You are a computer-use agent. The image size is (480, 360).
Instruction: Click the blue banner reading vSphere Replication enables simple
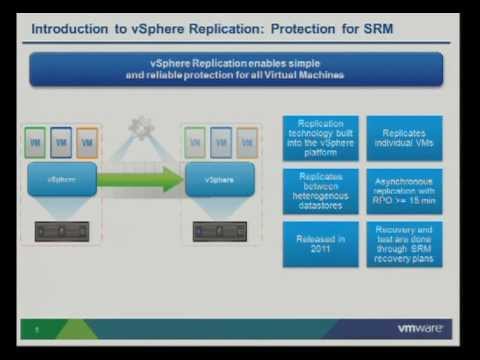(237, 69)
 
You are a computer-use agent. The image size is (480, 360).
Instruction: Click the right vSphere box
(220, 180)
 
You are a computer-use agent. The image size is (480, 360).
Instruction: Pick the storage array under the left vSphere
(62, 230)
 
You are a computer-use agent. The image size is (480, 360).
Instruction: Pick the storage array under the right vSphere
(220, 230)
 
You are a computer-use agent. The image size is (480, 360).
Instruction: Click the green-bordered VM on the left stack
(35, 143)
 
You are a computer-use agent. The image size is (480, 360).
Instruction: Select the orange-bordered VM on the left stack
(87, 143)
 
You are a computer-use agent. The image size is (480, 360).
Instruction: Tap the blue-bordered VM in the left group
(61, 143)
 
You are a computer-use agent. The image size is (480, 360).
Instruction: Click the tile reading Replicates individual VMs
(404, 137)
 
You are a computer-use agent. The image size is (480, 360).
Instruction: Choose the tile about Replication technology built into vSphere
(321, 137)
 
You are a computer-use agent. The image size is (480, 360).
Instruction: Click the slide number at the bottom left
(37, 328)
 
